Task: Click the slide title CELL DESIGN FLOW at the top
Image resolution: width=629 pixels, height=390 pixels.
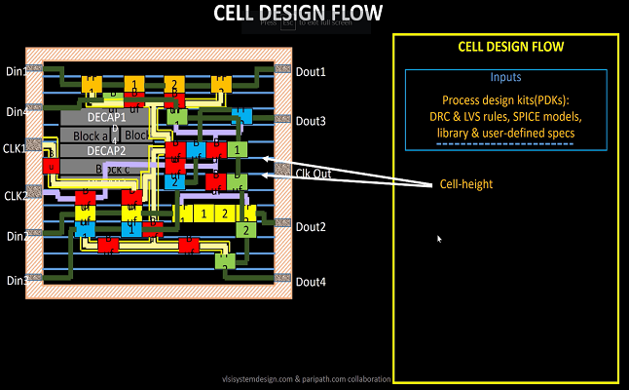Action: tap(299, 13)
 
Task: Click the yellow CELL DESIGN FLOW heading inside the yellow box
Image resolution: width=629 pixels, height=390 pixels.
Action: tap(510, 47)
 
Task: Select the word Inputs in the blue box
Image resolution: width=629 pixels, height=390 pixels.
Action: tap(505, 77)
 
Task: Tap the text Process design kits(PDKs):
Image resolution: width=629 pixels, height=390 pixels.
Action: tap(505, 100)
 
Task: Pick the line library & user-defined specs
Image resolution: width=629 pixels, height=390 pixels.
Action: tap(505, 133)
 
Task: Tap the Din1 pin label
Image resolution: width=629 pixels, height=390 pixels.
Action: tap(16, 71)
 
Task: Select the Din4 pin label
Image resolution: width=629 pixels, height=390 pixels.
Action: tap(16, 111)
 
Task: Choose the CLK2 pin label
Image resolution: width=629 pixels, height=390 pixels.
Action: tap(16, 196)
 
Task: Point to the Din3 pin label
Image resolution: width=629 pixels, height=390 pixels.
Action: tap(16, 281)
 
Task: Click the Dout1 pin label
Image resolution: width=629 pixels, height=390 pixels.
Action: tap(311, 72)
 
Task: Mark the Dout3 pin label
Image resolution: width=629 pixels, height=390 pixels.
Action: tap(311, 121)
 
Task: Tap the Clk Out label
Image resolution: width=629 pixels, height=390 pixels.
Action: tap(314, 173)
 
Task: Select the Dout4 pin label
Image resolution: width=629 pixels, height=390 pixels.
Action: tap(311, 282)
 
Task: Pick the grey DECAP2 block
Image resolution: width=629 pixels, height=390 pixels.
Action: tap(106, 150)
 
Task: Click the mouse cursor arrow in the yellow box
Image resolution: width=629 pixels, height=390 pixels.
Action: tap(439, 238)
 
